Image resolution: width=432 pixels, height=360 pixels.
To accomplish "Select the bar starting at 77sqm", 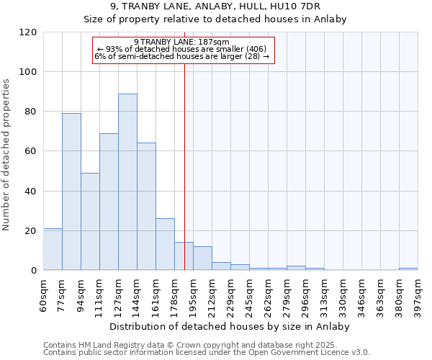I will [x=71, y=192].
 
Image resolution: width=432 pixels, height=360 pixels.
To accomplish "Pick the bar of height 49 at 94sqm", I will [x=90, y=222].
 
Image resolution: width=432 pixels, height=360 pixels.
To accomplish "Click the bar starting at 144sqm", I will [x=146, y=207].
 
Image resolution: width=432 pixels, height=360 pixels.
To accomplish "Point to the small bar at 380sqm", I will [x=408, y=269].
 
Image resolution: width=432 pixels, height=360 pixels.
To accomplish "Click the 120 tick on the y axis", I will [x=28, y=32].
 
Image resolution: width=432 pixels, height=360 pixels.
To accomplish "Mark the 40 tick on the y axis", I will [x=30, y=192].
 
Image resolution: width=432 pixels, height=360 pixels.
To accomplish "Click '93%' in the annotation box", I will [x=115, y=49].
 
